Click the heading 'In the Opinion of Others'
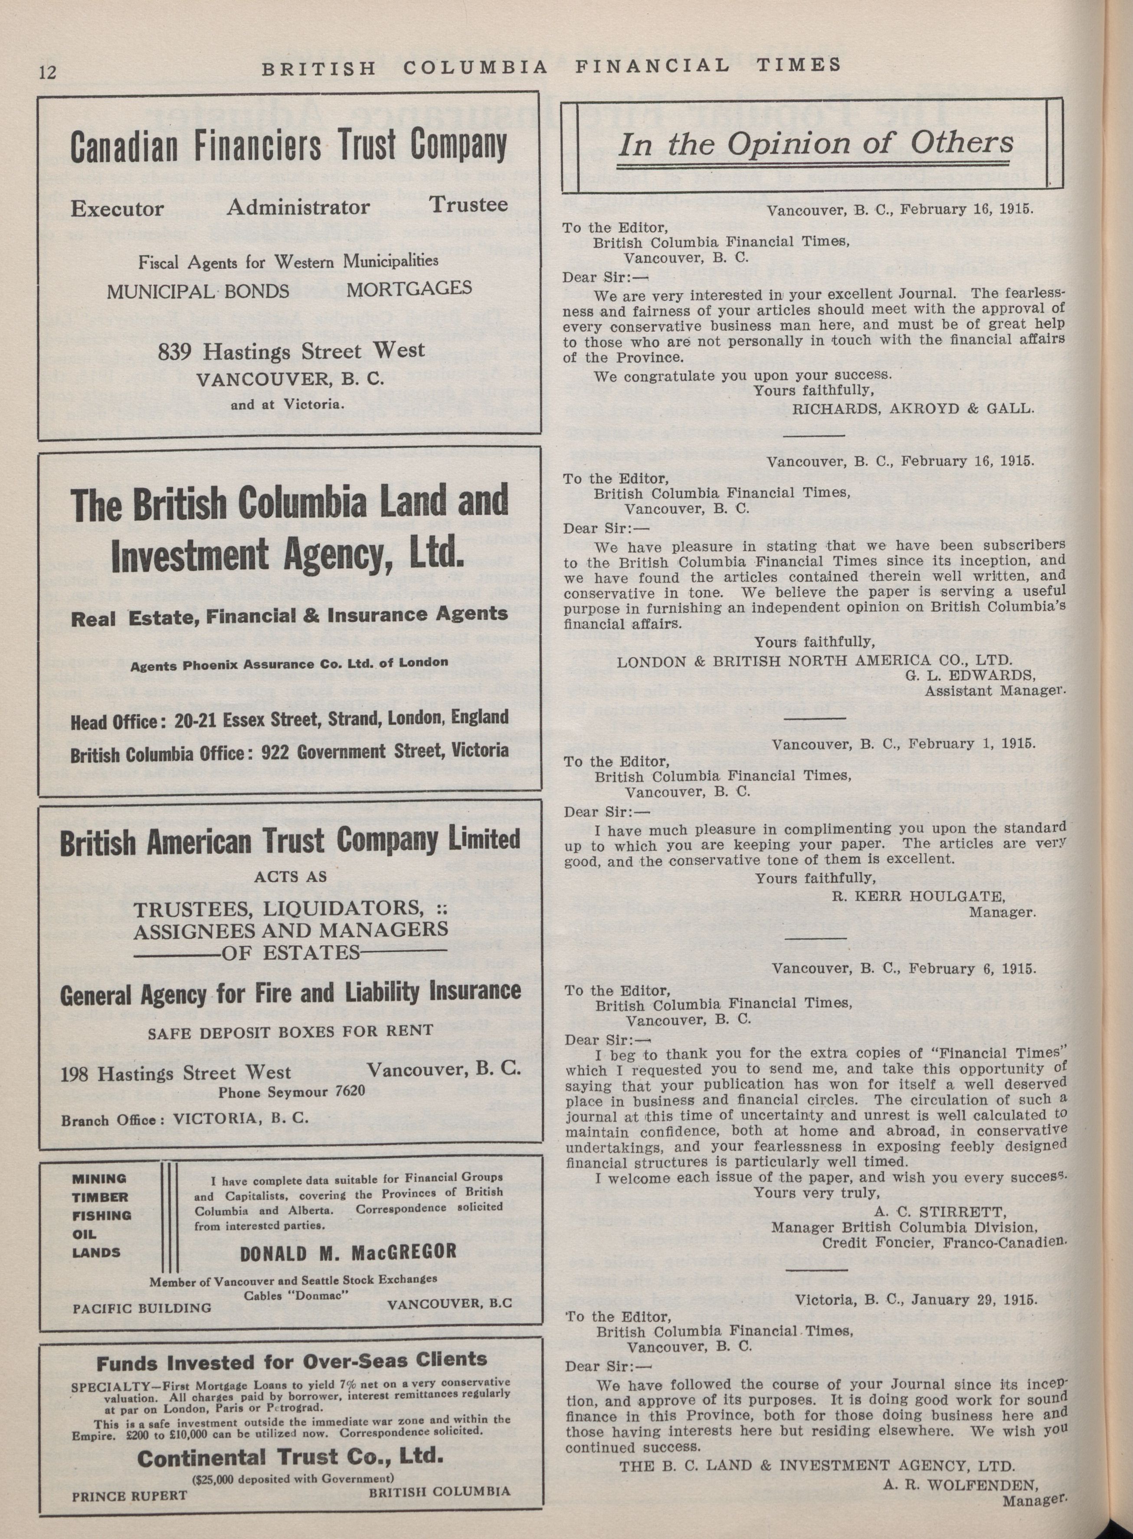click(815, 143)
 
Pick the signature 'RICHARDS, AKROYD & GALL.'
click(912, 409)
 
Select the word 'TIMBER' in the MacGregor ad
click(101, 1197)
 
